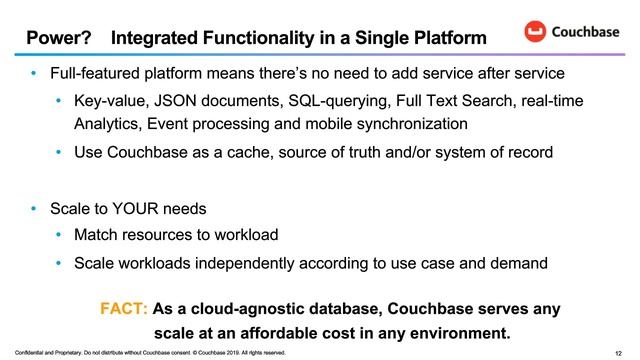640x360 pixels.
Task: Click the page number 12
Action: (620, 353)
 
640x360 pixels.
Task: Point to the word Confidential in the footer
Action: (18, 353)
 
